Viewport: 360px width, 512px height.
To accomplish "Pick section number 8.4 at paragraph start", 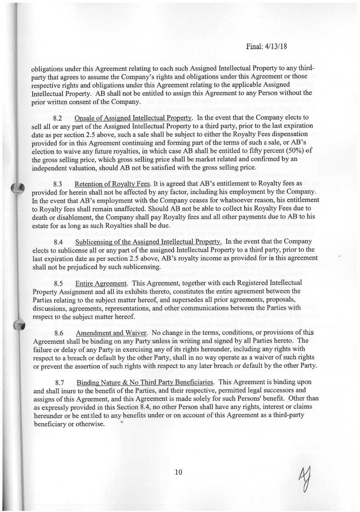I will pos(58,242).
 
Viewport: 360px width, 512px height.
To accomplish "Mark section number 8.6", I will pos(58,333).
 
